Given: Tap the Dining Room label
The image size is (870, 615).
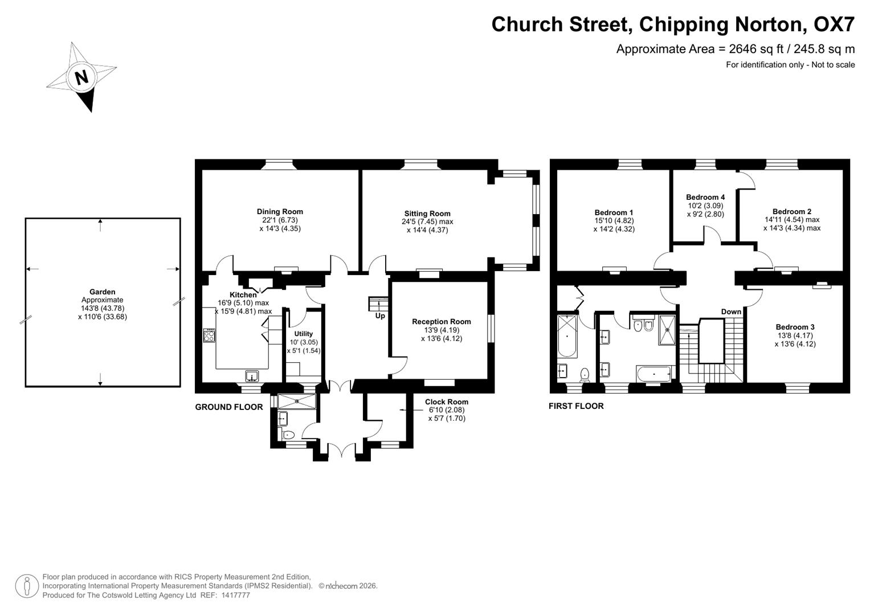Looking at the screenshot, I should [280, 212].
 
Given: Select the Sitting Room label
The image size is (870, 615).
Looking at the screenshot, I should [427, 214].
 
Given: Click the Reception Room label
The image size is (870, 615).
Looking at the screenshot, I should [442, 322].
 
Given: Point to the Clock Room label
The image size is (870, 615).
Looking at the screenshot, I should [446, 402].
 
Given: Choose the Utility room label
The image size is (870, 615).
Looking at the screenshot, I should [304, 334].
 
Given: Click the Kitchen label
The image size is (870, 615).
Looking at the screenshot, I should [243, 295].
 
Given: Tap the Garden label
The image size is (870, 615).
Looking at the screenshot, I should [103, 292].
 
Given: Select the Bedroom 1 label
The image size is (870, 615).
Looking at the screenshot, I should [614, 212].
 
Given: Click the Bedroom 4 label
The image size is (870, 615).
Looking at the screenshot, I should [705, 198].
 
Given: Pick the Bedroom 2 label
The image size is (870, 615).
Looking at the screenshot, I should [792, 211].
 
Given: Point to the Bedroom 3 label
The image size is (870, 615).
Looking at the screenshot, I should [795, 327].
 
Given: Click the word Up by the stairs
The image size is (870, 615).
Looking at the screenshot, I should [380, 316].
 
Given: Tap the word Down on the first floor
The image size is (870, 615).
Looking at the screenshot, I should [731, 311].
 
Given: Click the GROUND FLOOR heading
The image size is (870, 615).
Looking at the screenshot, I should [229, 407].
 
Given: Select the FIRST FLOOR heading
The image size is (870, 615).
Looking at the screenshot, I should [576, 406].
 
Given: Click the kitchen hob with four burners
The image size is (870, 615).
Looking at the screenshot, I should [209, 335].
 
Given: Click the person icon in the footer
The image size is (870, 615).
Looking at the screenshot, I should [27, 586].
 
